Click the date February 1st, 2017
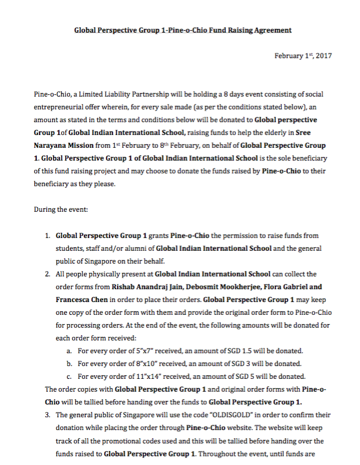(x=302, y=56)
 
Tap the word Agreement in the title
(x=268, y=30)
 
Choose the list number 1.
(x=47, y=236)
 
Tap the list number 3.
(x=47, y=415)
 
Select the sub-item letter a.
(x=69, y=351)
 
